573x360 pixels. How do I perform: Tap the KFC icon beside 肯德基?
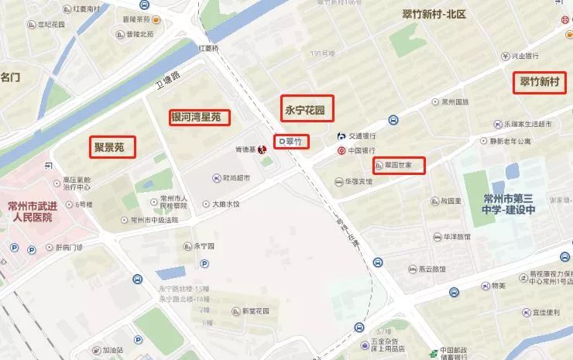pos(262,149)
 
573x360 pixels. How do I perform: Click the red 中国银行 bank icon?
pos(341,150)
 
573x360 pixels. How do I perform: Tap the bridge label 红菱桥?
pos(209,48)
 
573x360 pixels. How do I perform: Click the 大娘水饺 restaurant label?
pos(226,204)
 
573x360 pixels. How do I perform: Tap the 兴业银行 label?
pos(525,56)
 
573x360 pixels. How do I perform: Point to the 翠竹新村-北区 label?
pos(434,14)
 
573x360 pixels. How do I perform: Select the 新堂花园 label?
pos(255,311)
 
